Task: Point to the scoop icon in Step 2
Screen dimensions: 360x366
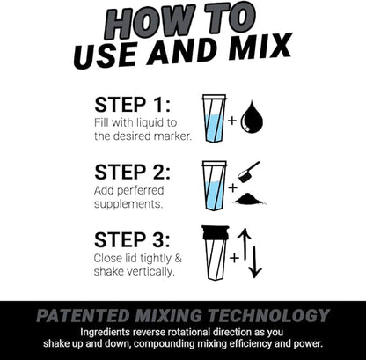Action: click(249, 171)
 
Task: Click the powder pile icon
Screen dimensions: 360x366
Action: click(250, 199)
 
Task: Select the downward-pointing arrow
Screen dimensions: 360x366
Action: click(255, 261)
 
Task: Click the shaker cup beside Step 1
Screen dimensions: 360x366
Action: click(214, 118)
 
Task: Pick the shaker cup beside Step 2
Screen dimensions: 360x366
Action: click(214, 185)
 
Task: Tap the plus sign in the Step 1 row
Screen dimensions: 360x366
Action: click(233, 119)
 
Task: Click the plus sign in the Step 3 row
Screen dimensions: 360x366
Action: click(234, 257)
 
